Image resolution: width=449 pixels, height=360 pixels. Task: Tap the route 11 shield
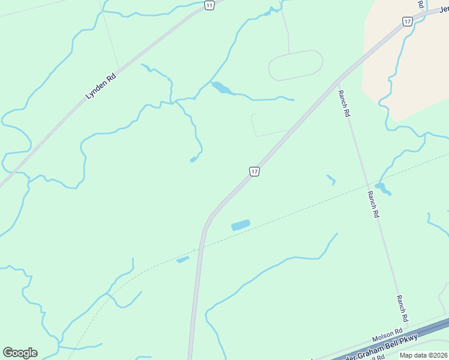pyautogui.click(x=208, y=5)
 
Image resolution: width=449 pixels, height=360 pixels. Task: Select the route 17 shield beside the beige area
pyautogui.click(x=408, y=21)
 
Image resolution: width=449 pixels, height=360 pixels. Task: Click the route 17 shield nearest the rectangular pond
pyautogui.click(x=255, y=172)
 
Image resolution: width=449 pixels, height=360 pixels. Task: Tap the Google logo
pyautogui.click(x=20, y=353)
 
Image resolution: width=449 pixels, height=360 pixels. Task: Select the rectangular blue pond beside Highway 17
pyautogui.click(x=241, y=225)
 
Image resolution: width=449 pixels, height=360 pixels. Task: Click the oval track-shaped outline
pyautogui.click(x=295, y=65)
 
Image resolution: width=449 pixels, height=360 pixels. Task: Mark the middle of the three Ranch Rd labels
pyautogui.click(x=373, y=205)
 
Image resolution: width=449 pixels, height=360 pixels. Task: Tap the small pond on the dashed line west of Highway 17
pyautogui.click(x=183, y=259)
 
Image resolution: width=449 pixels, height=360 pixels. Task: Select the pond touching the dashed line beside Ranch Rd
pyautogui.click(x=383, y=188)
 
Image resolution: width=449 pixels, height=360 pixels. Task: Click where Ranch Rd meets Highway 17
pyautogui.click(x=340, y=79)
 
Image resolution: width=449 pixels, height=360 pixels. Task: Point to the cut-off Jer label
pyautogui.click(x=442, y=10)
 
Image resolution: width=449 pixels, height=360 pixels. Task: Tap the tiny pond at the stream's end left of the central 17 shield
pyautogui.click(x=193, y=160)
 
